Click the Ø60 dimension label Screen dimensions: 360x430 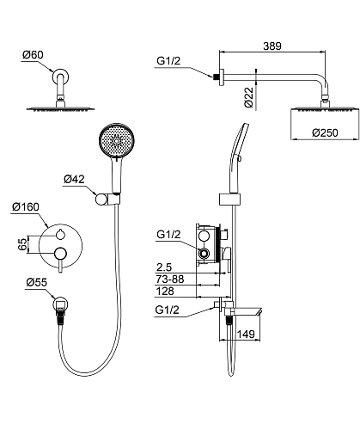click(x=33, y=54)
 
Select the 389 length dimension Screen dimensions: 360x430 click(x=272, y=46)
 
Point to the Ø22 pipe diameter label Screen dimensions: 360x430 click(x=249, y=97)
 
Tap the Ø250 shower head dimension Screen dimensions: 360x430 click(x=325, y=132)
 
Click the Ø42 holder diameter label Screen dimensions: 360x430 click(x=74, y=179)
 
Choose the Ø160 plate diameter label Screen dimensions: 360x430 click(x=26, y=206)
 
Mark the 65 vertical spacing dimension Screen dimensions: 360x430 click(x=22, y=244)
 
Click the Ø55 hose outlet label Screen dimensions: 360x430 click(x=36, y=282)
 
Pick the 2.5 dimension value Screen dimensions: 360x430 click(x=164, y=267)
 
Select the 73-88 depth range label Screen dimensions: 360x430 click(x=170, y=279)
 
